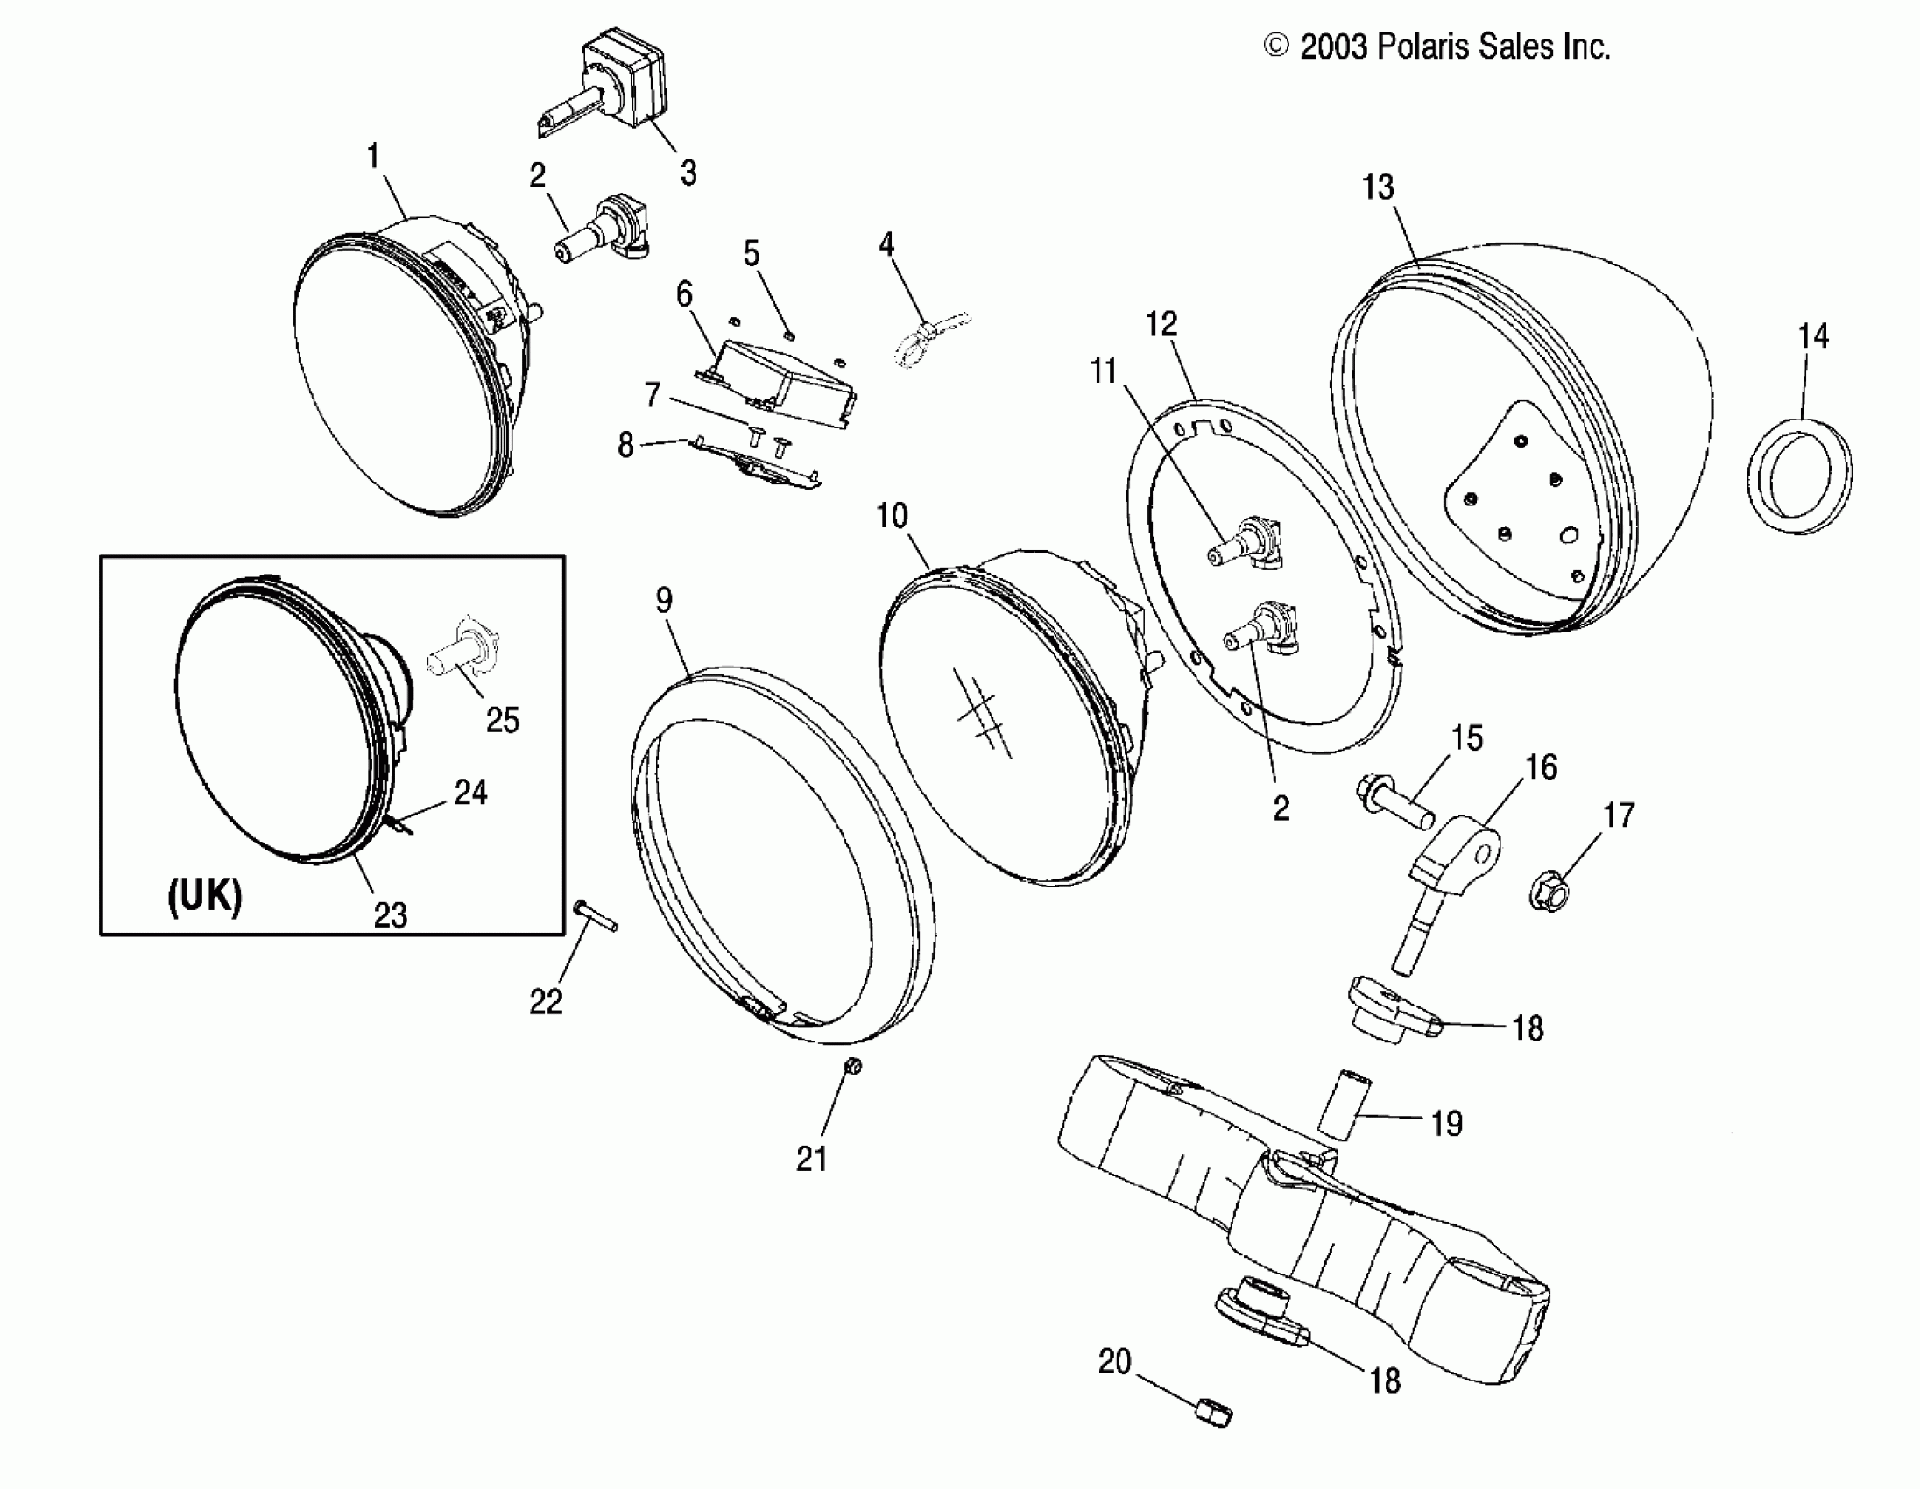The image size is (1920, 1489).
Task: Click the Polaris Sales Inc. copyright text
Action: [1436, 46]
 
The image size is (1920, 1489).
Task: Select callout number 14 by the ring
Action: [1813, 335]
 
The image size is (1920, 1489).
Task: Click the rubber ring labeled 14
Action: [1797, 476]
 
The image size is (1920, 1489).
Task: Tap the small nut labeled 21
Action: [852, 1066]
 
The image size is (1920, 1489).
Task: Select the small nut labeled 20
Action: [1213, 1413]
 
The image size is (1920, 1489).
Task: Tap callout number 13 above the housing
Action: [1378, 187]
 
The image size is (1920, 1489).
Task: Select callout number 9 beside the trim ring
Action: [664, 600]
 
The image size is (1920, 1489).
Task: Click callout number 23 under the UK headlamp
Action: [392, 915]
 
